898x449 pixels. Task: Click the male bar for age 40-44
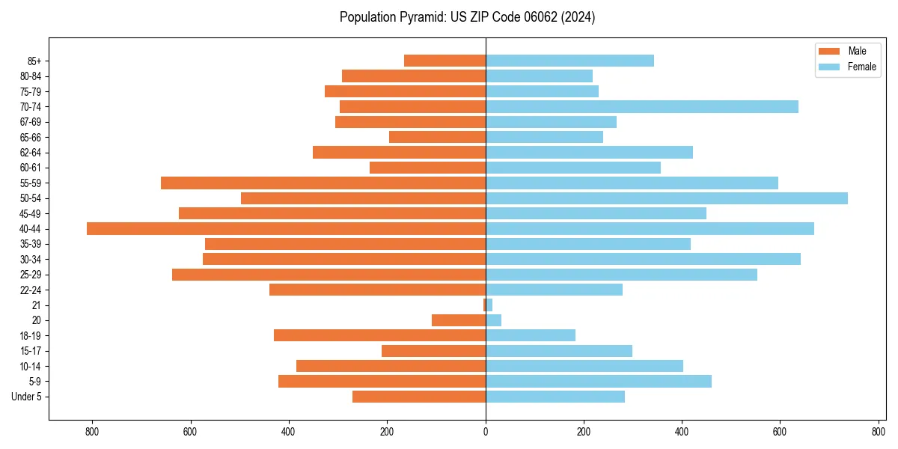[286, 229]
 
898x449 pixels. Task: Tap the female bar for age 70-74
[642, 107]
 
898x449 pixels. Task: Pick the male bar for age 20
[459, 320]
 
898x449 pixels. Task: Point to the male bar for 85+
[445, 61]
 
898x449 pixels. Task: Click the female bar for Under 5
[555, 397]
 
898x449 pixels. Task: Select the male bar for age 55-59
[323, 183]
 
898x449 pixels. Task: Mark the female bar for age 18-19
[531, 335]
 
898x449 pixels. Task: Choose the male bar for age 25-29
[329, 275]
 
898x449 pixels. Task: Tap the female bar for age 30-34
[643, 260]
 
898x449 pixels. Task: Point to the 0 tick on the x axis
[486, 431]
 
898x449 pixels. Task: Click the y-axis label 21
[36, 305]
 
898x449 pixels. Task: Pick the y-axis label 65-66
[31, 138]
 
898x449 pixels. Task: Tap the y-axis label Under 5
[26, 397]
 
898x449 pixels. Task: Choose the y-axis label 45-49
[31, 214]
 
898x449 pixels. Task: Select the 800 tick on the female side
[879, 431]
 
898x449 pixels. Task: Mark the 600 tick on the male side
[191, 431]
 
